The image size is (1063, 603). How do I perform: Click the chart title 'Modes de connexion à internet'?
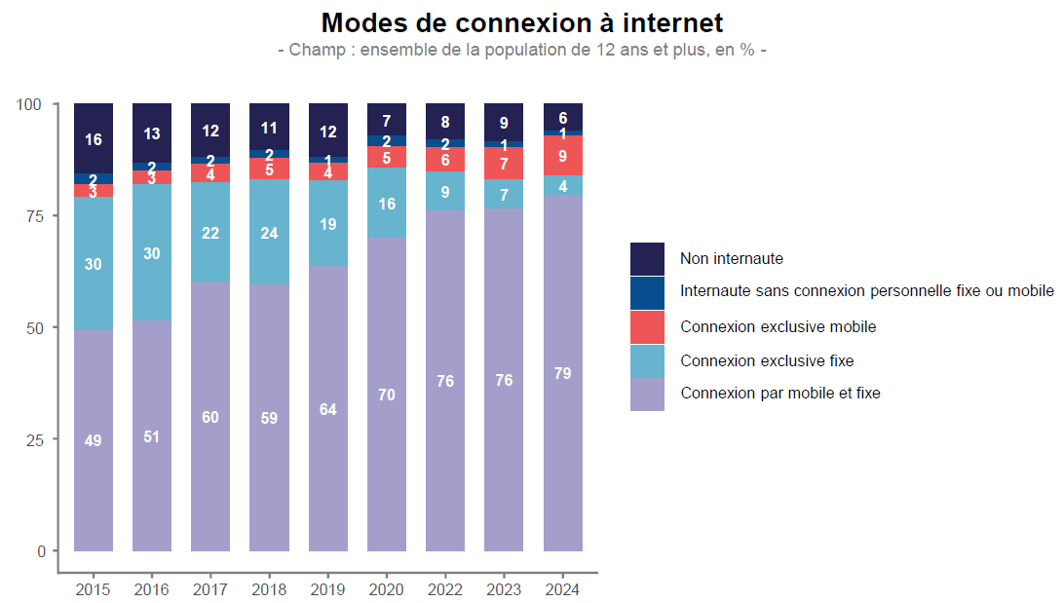point(522,22)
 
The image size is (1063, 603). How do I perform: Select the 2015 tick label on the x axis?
point(93,589)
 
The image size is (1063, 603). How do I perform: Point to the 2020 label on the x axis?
point(387,589)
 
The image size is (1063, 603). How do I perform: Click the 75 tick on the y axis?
point(36,215)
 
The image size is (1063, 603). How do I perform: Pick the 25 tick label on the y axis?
point(36,439)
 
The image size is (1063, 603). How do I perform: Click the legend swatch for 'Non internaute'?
point(647,259)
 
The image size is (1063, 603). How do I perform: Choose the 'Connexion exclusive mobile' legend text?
point(778,326)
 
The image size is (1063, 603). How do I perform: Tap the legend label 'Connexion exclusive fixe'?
point(767,360)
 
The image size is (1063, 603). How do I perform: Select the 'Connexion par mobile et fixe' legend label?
point(779,394)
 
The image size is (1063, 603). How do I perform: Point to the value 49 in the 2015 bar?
point(93,440)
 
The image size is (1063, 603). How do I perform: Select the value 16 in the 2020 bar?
point(387,204)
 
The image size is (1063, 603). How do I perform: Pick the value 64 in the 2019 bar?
point(327,409)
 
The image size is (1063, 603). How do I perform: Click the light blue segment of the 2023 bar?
point(504,194)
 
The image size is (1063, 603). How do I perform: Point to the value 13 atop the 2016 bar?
point(152,133)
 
